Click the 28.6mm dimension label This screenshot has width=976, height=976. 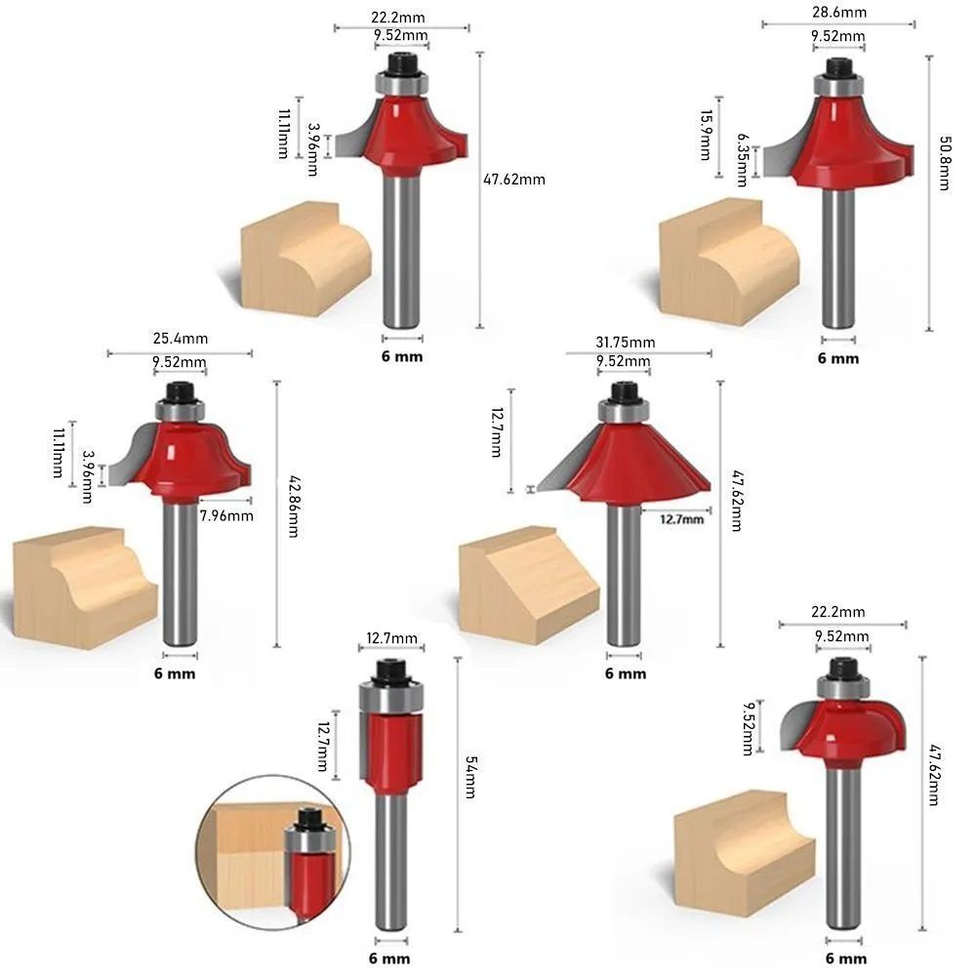pyautogui.click(x=839, y=12)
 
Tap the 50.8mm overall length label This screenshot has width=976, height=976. pyautogui.click(x=944, y=163)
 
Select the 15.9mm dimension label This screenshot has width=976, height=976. pyautogui.click(x=706, y=135)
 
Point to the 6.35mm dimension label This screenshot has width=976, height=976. pyautogui.click(x=742, y=159)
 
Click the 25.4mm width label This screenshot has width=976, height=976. pyautogui.click(x=181, y=339)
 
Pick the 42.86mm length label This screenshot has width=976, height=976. pyautogui.click(x=293, y=507)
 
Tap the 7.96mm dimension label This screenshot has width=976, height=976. pyautogui.click(x=226, y=515)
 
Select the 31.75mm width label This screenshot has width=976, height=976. pyautogui.click(x=625, y=343)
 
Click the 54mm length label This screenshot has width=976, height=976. pyautogui.click(x=471, y=777)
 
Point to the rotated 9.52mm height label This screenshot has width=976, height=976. pyautogui.click(x=749, y=728)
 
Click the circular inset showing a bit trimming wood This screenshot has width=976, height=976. pyautogui.click(x=273, y=853)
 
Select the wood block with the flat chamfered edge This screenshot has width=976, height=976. pyautogui.click(x=529, y=585)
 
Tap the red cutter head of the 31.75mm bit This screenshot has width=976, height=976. pyautogui.click(x=625, y=462)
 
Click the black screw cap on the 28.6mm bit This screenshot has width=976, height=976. pyautogui.click(x=838, y=67)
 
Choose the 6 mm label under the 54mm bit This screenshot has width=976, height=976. pyautogui.click(x=389, y=958)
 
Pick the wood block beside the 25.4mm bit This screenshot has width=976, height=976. pyautogui.click(x=85, y=589)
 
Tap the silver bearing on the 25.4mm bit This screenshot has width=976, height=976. pyautogui.click(x=180, y=411)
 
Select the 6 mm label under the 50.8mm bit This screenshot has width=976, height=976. pyautogui.click(x=838, y=358)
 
